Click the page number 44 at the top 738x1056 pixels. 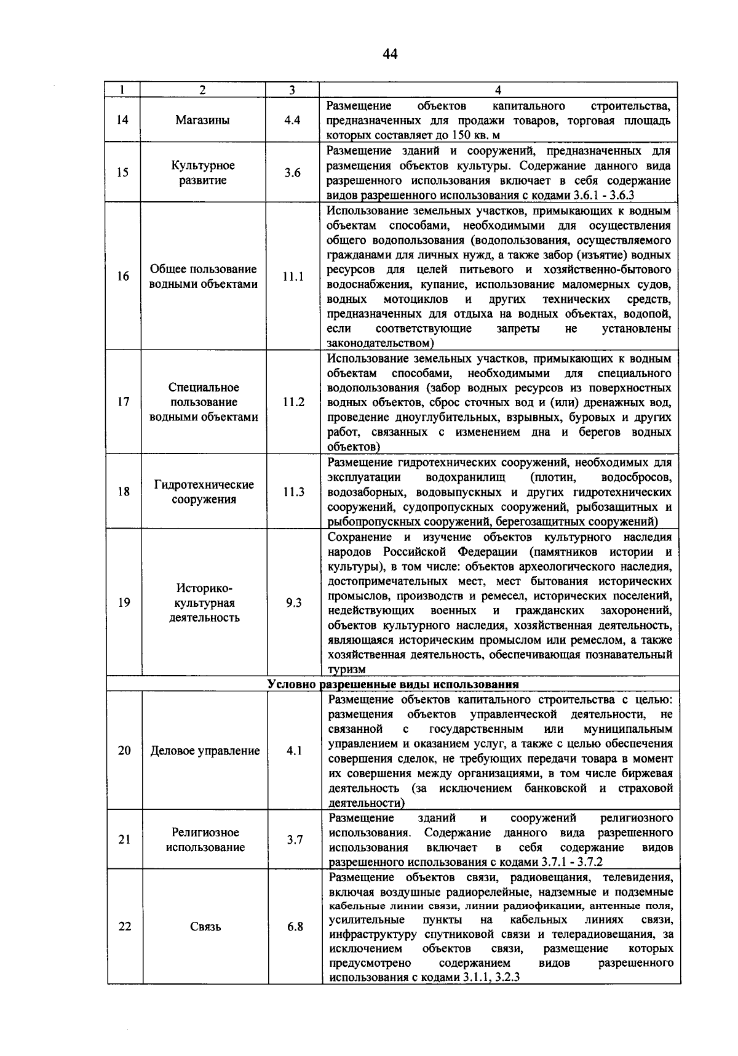(x=390, y=54)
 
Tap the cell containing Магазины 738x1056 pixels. (x=202, y=121)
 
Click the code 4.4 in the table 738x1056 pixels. (x=292, y=121)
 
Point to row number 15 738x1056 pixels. (x=122, y=172)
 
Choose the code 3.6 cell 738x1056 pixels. (x=293, y=173)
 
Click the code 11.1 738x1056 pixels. (x=293, y=276)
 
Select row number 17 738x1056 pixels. (x=123, y=402)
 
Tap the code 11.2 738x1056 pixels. (x=293, y=402)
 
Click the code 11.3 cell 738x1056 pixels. (x=293, y=492)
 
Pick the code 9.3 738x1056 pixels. (x=294, y=602)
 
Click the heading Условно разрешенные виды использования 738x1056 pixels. (x=393, y=684)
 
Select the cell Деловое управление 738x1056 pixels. (x=205, y=751)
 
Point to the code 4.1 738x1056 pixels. (x=295, y=751)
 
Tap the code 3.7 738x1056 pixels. (x=295, y=839)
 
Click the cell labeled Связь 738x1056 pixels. (x=205, y=927)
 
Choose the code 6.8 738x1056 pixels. (x=295, y=927)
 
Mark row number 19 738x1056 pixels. (x=124, y=602)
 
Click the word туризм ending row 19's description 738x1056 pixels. (x=347, y=670)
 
